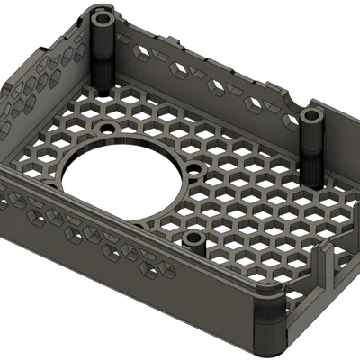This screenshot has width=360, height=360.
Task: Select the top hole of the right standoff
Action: (312, 116)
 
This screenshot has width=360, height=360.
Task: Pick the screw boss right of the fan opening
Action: (193, 171)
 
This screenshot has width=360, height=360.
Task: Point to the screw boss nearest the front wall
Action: (193, 238)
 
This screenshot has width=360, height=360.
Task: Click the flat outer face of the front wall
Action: (135, 288)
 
